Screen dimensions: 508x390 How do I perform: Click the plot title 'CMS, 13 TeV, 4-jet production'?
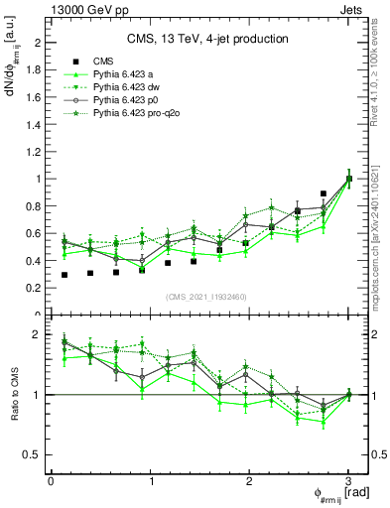coord(207,39)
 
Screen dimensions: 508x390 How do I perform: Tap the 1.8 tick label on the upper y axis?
coord(32,70)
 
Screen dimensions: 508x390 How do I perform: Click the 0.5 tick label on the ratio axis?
coord(32,454)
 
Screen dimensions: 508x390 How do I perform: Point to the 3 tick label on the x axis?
coord(348,480)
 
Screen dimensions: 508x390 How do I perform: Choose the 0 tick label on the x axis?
coord(51,480)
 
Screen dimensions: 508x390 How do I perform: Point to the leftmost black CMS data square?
coord(65,275)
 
